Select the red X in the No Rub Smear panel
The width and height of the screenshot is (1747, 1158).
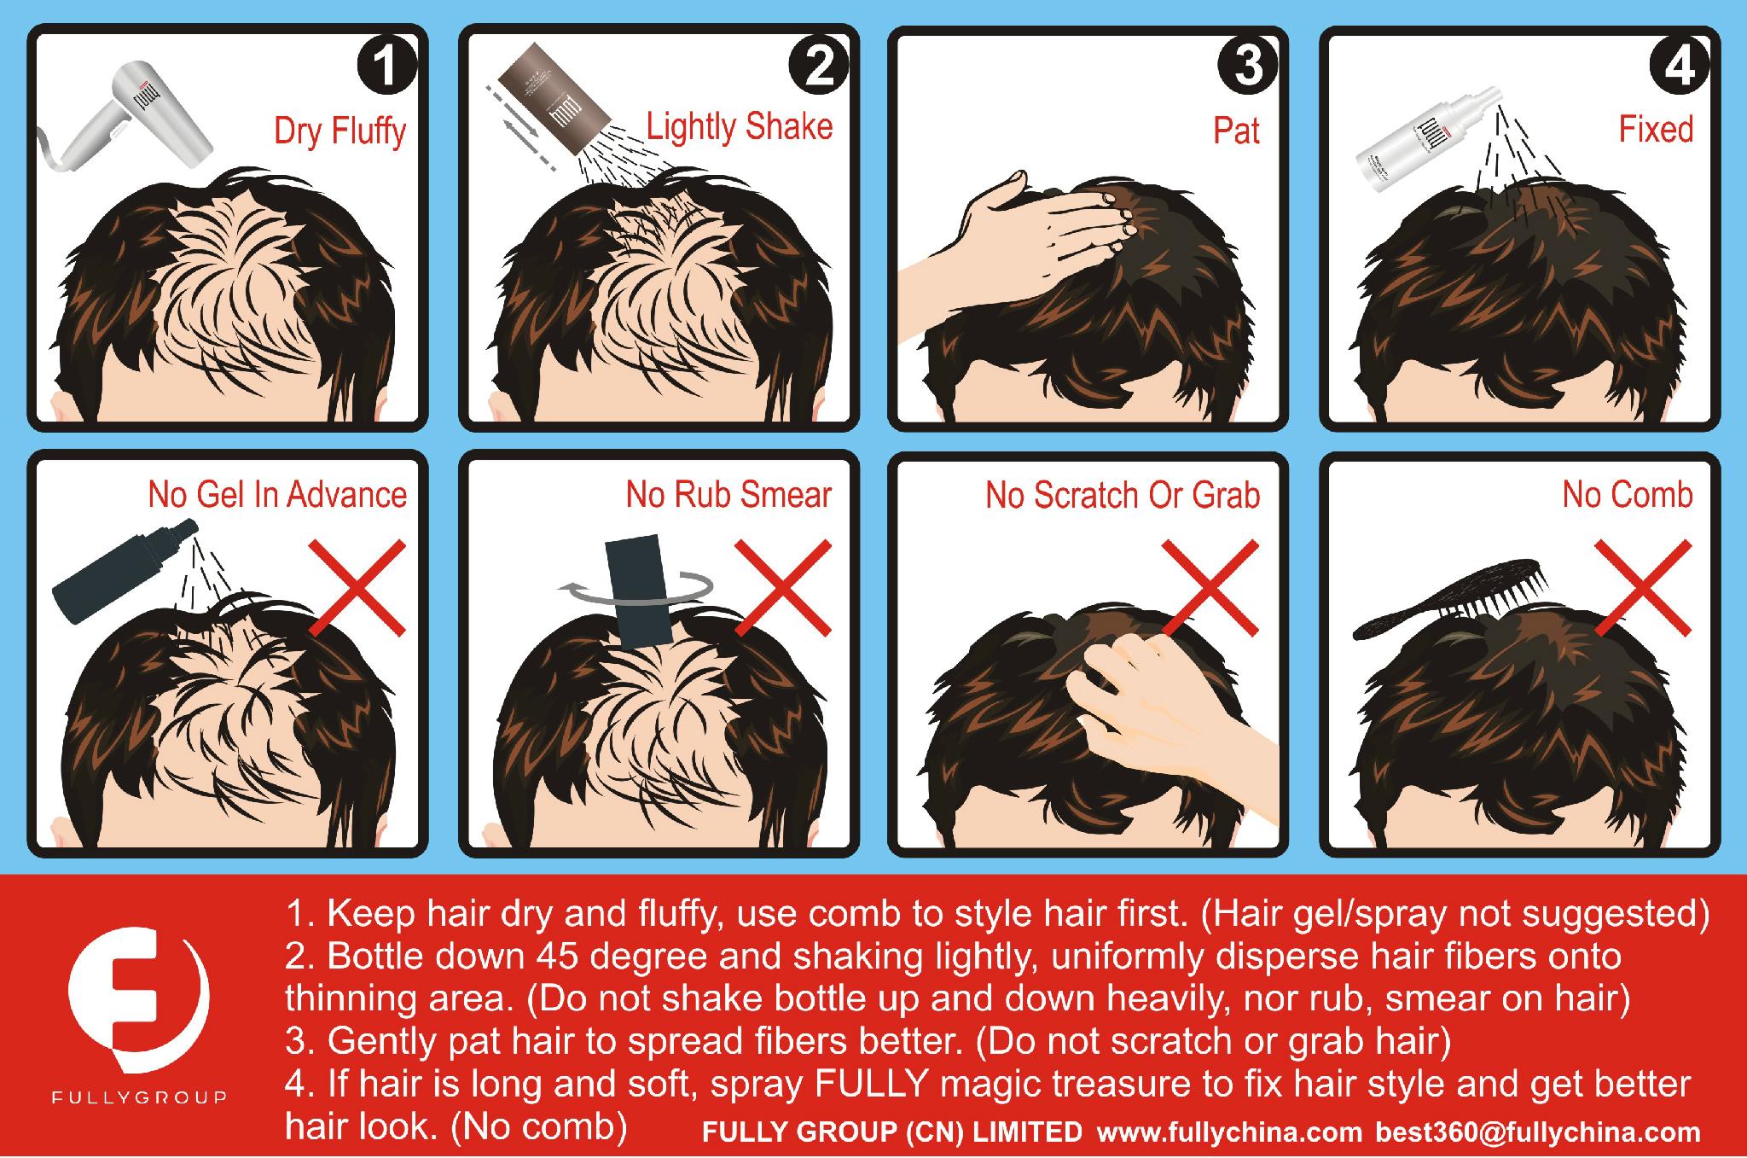coord(782,587)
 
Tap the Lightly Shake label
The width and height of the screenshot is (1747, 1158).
coord(739,127)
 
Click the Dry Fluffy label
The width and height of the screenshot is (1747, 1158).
coord(340,131)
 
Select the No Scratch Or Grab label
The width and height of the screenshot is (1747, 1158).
coord(1122,495)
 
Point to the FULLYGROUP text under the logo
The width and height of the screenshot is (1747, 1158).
coord(140,1097)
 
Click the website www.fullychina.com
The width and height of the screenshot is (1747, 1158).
coord(1229,1133)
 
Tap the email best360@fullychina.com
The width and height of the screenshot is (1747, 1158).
coord(1537,1133)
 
